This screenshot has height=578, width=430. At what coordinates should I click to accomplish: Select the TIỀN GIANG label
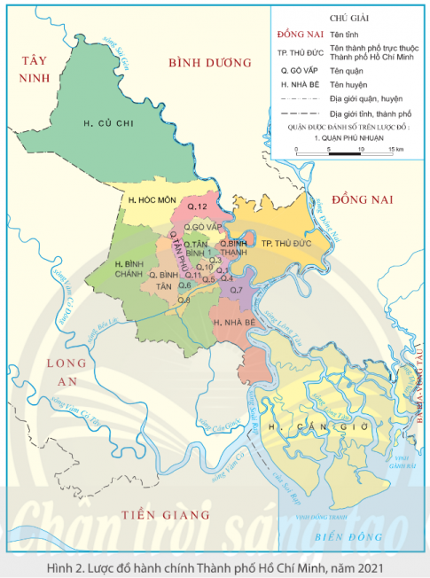(x=167, y=514)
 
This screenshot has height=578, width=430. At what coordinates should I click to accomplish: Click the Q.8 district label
(x=184, y=301)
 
